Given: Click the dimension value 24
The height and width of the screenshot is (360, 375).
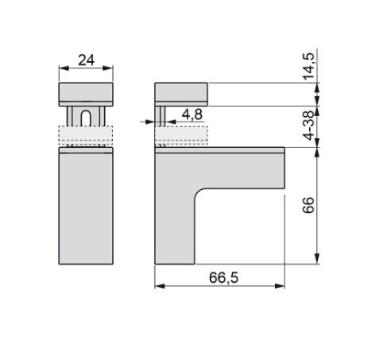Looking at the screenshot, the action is [x=86, y=60].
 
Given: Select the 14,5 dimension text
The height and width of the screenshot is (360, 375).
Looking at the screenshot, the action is [x=308, y=66].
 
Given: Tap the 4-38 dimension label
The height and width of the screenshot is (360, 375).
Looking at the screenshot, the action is [x=308, y=126].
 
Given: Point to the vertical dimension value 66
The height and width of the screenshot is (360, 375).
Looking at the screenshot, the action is [x=308, y=205].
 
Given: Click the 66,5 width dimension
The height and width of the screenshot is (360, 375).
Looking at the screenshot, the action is [x=224, y=277].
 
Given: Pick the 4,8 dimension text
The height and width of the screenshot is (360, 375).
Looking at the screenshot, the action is [x=192, y=114].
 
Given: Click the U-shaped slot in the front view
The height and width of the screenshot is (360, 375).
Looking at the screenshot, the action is [x=86, y=118].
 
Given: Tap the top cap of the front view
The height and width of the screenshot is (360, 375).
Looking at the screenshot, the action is [x=86, y=95].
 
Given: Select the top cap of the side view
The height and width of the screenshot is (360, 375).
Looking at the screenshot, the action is [x=181, y=95].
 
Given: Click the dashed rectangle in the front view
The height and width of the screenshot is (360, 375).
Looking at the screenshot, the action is [x=86, y=135].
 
